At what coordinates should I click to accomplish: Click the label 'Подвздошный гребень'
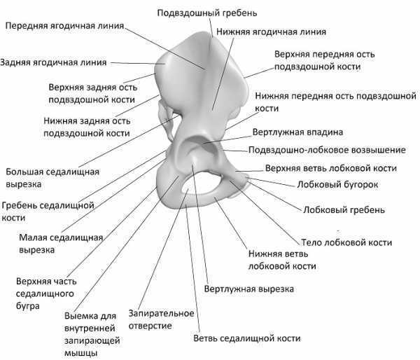click(207, 13)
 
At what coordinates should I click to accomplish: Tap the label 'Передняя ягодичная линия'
click(64, 26)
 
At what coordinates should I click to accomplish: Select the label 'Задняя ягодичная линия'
click(54, 62)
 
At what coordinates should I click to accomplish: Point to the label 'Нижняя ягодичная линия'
click(271, 32)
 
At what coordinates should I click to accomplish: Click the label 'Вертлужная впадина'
click(298, 132)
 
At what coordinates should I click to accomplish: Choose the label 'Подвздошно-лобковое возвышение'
click(327, 150)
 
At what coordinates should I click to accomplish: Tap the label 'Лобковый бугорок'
click(337, 184)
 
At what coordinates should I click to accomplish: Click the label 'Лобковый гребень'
click(344, 209)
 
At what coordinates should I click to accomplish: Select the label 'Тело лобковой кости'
click(346, 242)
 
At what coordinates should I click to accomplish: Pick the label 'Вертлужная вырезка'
click(248, 289)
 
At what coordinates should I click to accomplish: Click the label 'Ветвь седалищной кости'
click(246, 338)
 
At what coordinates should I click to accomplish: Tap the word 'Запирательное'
click(161, 313)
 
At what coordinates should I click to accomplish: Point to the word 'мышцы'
click(80, 353)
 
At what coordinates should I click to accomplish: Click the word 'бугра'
click(28, 306)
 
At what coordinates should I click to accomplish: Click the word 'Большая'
click(22, 172)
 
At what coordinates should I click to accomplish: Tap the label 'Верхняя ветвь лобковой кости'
click(331, 168)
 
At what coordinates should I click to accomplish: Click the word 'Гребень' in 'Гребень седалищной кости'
click(20, 206)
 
